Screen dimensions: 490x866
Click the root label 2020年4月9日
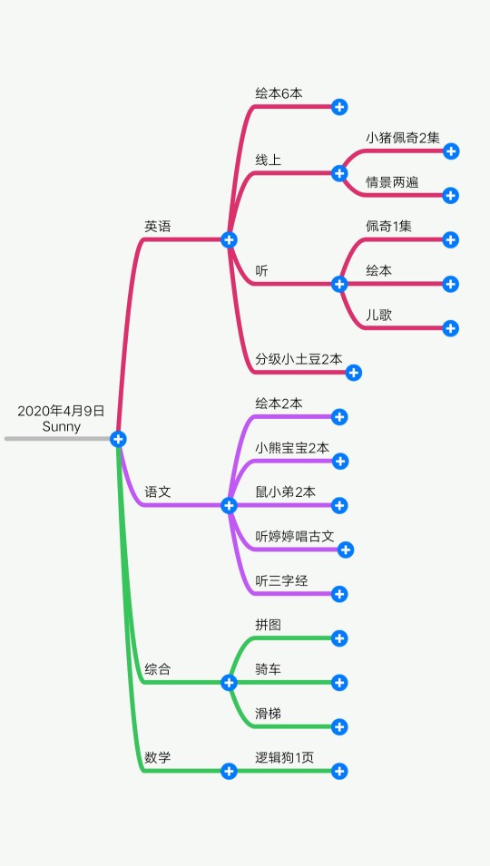(x=61, y=411)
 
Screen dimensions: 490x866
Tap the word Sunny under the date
(x=62, y=427)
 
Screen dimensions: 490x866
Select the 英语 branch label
(x=158, y=227)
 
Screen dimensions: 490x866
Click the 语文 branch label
(x=158, y=491)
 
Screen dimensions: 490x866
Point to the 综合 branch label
(x=158, y=669)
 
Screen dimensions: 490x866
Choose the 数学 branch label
(x=158, y=758)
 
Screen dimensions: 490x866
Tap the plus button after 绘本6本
(x=339, y=107)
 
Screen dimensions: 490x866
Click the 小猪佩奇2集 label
(x=403, y=138)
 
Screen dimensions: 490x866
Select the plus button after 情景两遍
(x=451, y=196)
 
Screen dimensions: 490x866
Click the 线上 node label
(x=269, y=161)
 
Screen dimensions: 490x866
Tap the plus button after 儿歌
(x=451, y=328)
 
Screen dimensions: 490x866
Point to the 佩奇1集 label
(x=388, y=227)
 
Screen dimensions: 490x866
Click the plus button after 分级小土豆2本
(x=354, y=373)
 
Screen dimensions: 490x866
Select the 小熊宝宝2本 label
(x=292, y=448)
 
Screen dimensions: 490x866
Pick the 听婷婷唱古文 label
(x=294, y=536)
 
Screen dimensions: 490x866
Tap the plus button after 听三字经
(x=339, y=594)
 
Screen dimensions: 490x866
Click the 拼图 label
(x=269, y=625)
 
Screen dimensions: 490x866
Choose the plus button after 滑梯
(x=339, y=727)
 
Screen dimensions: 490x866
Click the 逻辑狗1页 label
(x=285, y=758)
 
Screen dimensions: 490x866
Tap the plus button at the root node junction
(x=118, y=439)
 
